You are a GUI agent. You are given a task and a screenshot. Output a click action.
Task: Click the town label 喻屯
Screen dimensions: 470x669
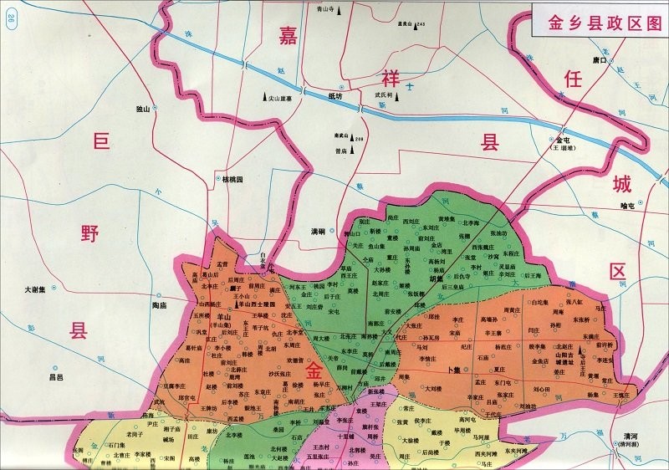[628, 204]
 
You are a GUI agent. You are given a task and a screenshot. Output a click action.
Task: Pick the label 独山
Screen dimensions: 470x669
[142, 110]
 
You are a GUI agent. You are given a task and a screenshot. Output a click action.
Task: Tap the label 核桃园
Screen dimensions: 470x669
[231, 179]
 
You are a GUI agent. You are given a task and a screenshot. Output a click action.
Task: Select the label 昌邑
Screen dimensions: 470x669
[56, 377]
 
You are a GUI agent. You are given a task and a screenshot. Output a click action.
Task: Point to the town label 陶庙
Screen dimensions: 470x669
[161, 306]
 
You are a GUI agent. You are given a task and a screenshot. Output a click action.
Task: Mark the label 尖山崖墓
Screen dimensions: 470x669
[284, 98]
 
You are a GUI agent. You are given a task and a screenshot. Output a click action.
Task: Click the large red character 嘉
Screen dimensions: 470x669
[289, 35]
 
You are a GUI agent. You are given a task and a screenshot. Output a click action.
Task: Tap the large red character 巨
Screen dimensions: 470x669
[100, 143]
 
